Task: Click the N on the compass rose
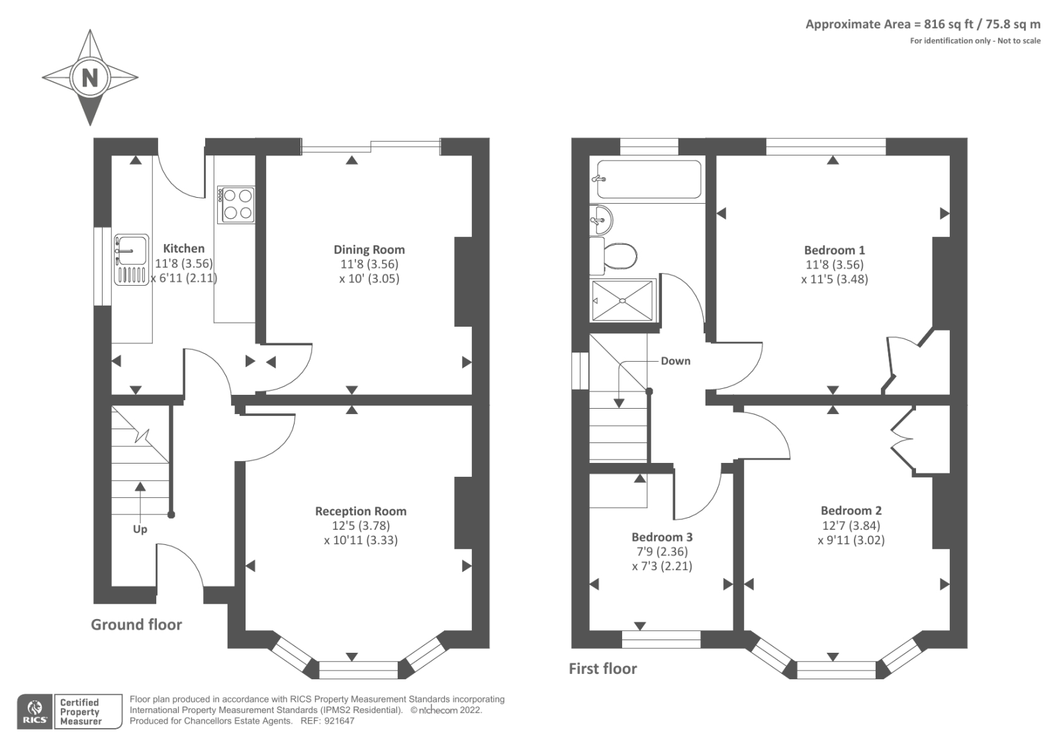pyautogui.click(x=89, y=78)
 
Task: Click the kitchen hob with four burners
pyautogui.click(x=238, y=204)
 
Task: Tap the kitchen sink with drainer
pyautogui.click(x=131, y=259)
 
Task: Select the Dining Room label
pyautogui.click(x=369, y=249)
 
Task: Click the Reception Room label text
pyautogui.click(x=361, y=511)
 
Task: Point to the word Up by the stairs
pyautogui.click(x=140, y=529)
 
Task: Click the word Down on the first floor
pyautogui.click(x=675, y=361)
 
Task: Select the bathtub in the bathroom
pyautogui.click(x=648, y=179)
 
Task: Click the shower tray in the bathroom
pyautogui.click(x=622, y=300)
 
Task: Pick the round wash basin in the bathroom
pyautogui.click(x=601, y=219)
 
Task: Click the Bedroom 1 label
pyautogui.click(x=834, y=250)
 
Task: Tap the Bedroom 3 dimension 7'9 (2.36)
pyautogui.click(x=662, y=552)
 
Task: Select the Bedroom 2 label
pyautogui.click(x=851, y=511)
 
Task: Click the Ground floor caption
pyautogui.click(x=136, y=624)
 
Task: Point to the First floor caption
pyautogui.click(x=602, y=669)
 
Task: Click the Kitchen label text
pyautogui.click(x=183, y=249)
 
